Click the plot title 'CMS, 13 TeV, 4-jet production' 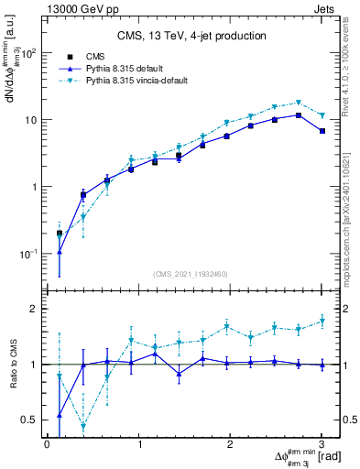tap(191, 37)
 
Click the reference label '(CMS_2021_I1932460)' tap(190, 273)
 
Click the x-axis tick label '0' tap(47, 444)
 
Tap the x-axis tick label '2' tap(231, 444)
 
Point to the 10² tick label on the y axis tap(29, 53)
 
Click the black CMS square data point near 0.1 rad tap(60, 234)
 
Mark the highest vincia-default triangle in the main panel tap(299, 103)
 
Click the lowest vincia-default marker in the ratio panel tap(83, 426)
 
